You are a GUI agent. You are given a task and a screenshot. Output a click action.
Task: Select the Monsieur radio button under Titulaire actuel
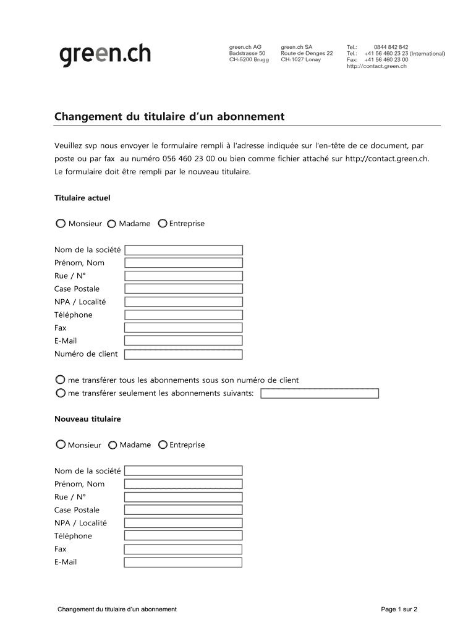tap(61, 224)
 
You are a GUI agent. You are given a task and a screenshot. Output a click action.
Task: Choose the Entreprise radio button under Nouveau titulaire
tap(163, 444)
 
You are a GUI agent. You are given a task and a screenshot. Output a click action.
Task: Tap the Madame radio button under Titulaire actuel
tap(111, 224)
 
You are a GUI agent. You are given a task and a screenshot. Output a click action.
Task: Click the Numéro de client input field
tap(184, 355)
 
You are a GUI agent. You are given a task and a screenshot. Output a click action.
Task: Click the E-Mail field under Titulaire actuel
tap(184, 341)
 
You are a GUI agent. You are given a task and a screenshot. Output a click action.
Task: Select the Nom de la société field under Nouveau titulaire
tap(183, 471)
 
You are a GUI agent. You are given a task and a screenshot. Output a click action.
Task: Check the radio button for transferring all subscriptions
tap(60, 380)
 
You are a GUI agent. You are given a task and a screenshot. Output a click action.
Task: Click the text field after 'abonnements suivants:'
tap(320, 394)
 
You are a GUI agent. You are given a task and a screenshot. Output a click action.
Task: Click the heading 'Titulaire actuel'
tap(82, 198)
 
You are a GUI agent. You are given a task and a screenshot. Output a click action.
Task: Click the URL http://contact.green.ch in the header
tap(376, 66)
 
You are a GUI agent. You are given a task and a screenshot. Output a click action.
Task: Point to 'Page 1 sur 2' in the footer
tap(399, 610)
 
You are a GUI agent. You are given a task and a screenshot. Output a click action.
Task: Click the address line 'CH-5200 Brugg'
tap(249, 60)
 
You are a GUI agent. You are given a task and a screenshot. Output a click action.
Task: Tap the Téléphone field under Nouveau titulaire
tap(183, 537)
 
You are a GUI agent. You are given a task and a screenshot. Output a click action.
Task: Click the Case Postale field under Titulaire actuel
tap(184, 289)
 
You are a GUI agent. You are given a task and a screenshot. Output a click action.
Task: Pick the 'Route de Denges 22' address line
tap(307, 53)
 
